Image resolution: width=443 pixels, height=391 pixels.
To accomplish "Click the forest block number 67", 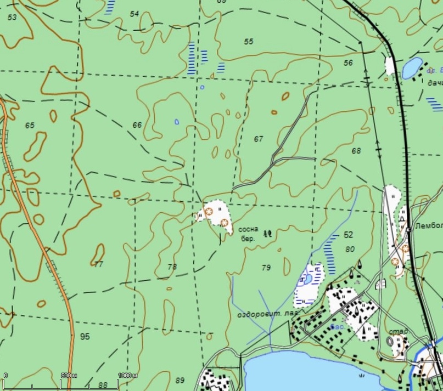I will tap(259, 139).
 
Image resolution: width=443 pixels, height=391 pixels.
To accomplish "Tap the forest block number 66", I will tap(137, 125).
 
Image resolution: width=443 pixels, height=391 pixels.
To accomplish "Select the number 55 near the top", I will tap(249, 42).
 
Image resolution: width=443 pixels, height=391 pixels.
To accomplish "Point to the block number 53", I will tap(12, 18).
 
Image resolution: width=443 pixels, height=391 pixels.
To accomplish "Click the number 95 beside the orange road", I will tap(85, 336).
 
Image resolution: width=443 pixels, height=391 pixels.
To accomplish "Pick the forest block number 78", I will tap(172, 267).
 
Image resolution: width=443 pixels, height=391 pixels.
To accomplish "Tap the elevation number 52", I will tap(348, 235).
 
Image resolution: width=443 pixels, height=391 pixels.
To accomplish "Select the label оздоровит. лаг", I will tap(267, 315).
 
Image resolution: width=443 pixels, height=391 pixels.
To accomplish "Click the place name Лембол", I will tap(429, 226).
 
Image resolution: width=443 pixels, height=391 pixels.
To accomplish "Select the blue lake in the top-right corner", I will tap(412, 68).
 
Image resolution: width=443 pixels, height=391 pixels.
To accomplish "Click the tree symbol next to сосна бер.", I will tap(268, 233).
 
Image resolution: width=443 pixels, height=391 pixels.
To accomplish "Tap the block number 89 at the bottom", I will tap(180, 380).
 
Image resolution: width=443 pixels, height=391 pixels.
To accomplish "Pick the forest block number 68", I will tap(356, 151).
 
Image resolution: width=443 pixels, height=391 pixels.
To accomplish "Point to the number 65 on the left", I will tap(30, 126).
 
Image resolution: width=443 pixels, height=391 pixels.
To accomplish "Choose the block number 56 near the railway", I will tap(348, 63).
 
